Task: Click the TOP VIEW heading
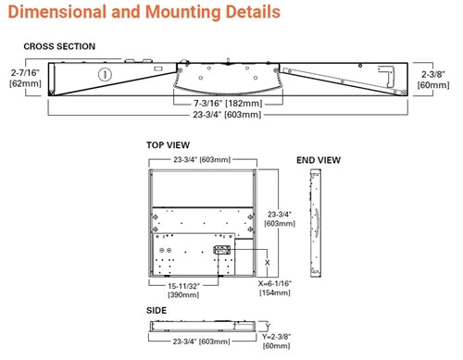click(x=169, y=145)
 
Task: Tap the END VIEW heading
click(x=318, y=159)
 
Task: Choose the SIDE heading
click(x=156, y=311)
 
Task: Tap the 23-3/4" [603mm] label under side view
click(x=203, y=341)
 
